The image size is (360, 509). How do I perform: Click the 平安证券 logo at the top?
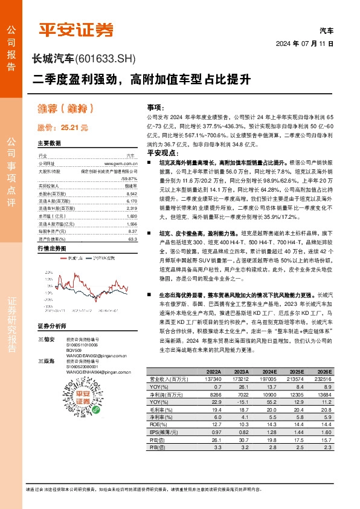pyautogui.click(x=76, y=30)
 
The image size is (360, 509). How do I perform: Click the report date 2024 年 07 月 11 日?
pyautogui.click(x=313, y=45)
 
